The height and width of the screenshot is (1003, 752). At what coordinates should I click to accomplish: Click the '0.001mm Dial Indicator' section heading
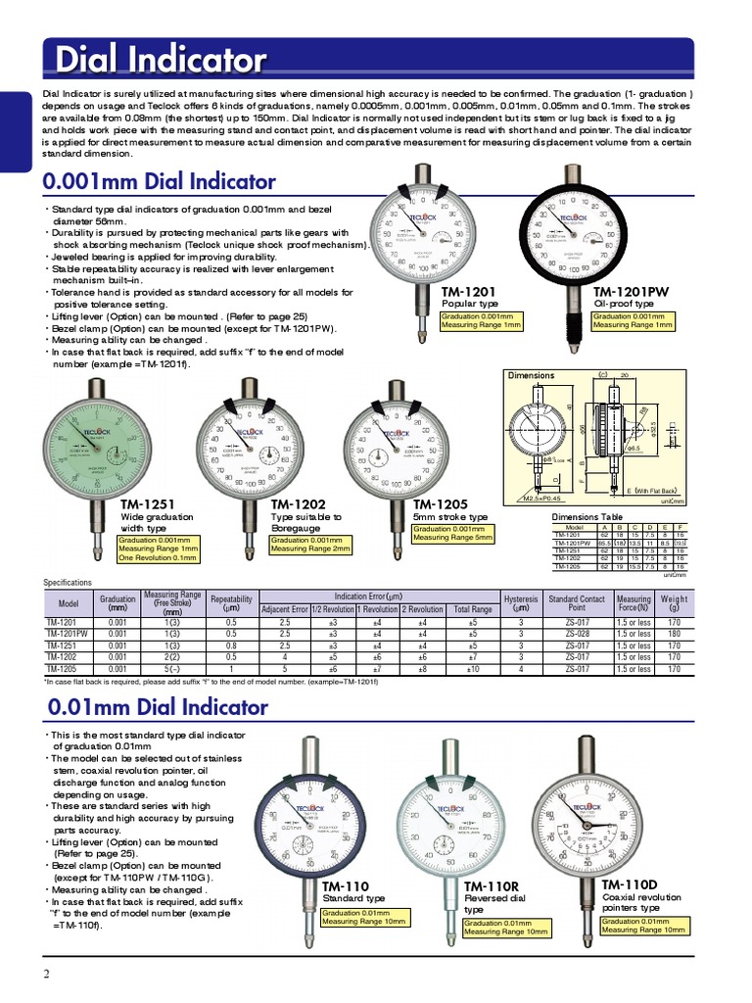click(x=160, y=182)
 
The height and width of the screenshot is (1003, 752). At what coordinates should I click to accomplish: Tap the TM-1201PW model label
click(x=632, y=292)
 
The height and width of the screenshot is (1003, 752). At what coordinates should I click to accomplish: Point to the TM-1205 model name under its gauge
click(x=443, y=504)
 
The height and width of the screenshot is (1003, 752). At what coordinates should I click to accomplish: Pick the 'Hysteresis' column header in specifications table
click(x=521, y=602)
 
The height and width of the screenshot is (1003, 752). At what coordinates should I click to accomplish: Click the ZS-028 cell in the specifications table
click(x=576, y=634)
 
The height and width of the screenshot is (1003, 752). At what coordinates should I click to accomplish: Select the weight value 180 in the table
click(x=674, y=634)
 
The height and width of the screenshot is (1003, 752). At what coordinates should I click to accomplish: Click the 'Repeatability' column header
click(x=231, y=602)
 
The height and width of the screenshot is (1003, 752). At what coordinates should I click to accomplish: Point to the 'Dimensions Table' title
click(x=587, y=517)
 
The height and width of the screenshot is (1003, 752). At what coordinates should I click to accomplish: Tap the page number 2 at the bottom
click(x=46, y=973)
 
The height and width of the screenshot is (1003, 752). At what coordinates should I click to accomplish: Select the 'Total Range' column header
click(x=474, y=609)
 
